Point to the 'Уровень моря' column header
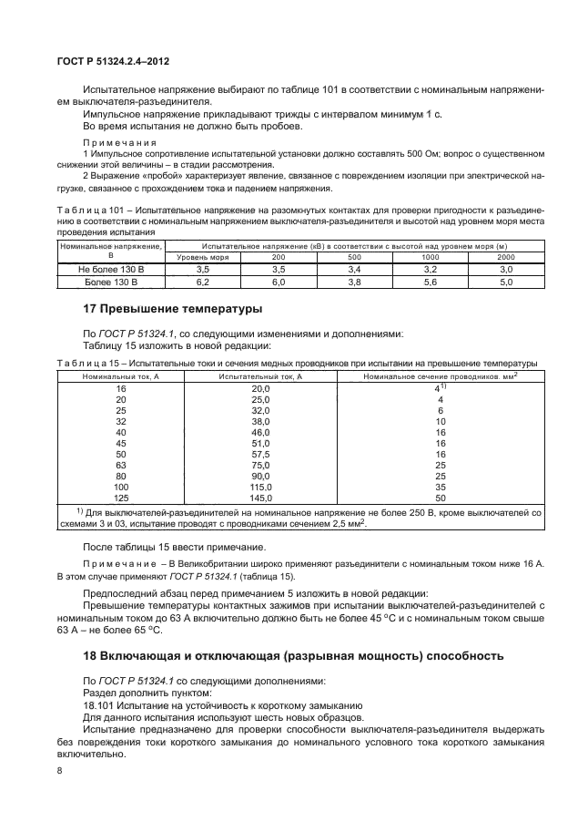pyautogui.click(x=203, y=258)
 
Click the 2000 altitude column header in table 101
pyautogui.click(x=506, y=258)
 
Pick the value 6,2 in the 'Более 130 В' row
pyautogui.click(x=203, y=282)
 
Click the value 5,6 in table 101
pyautogui.click(x=431, y=282)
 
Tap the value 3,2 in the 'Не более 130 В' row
pyautogui.click(x=431, y=271)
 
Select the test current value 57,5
pyautogui.click(x=236, y=453)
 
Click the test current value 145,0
pyautogui.click(x=236, y=498)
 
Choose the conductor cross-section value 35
pyautogui.click(x=440, y=487)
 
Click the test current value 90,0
pyautogui.click(x=236, y=476)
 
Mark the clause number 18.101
pyautogui.click(x=101, y=705)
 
